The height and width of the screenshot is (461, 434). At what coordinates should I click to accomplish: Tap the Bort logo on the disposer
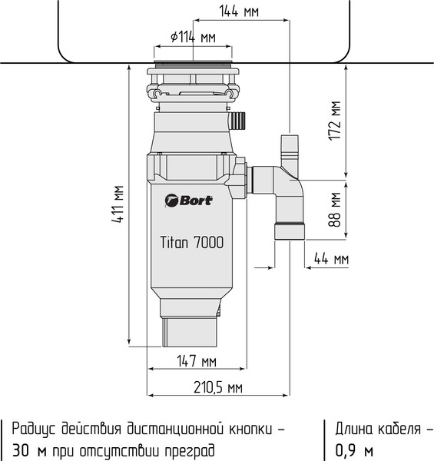189,201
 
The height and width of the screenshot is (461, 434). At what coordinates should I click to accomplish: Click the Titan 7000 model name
191,242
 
